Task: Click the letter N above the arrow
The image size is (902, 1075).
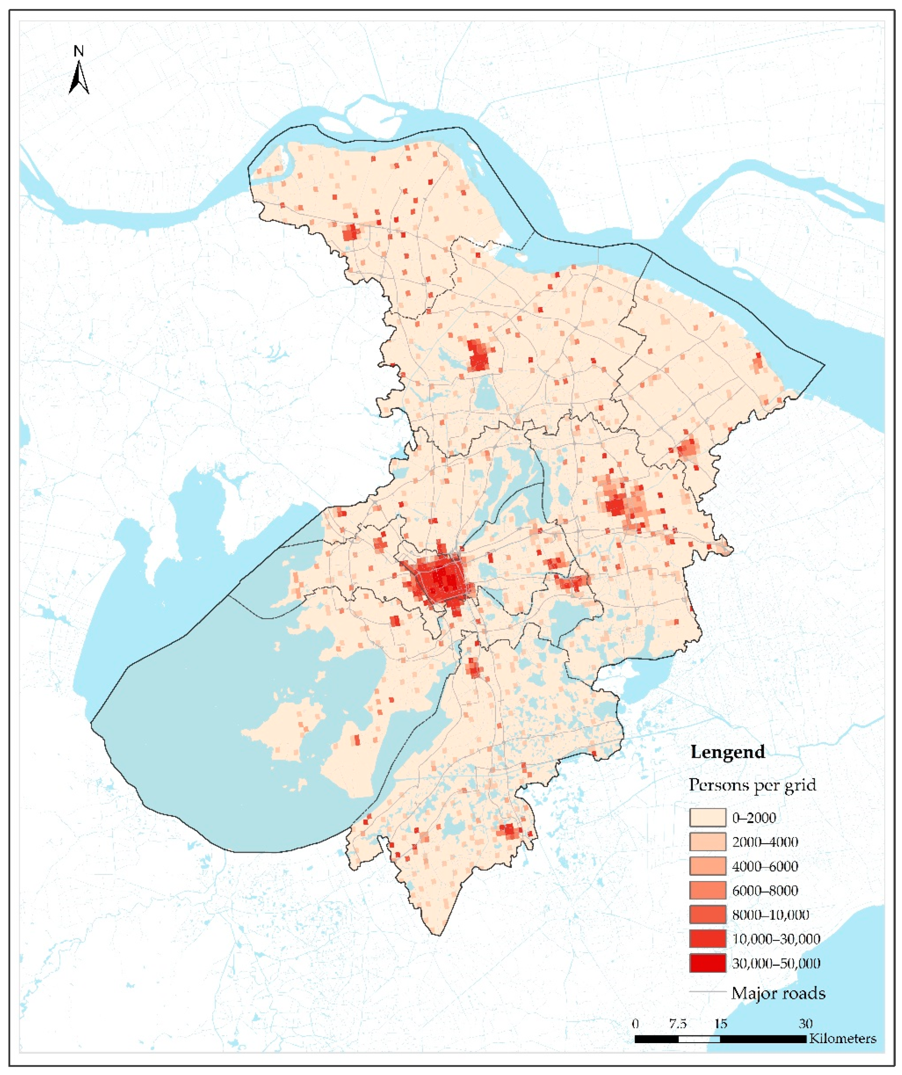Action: coord(78,51)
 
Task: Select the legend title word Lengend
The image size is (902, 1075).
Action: coord(727,752)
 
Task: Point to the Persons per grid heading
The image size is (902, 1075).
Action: coord(752,785)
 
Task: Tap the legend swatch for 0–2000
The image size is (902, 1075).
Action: coord(707,817)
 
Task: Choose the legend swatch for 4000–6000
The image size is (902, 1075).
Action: coord(707,866)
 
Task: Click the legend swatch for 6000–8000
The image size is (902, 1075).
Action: coord(707,890)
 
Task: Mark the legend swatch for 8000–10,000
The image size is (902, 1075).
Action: coord(707,915)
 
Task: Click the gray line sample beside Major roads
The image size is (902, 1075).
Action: coord(707,992)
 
